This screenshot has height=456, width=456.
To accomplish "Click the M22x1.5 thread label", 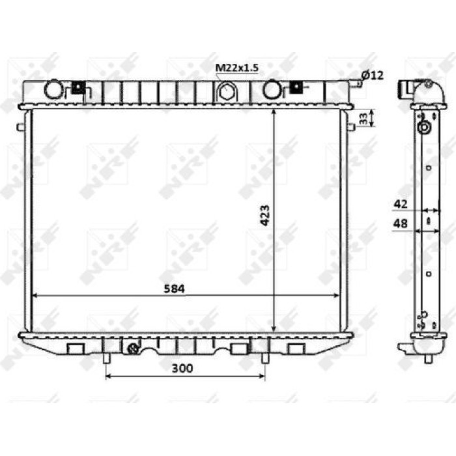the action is pos(236,68).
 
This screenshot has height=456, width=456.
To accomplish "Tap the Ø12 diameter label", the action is pos(373,76).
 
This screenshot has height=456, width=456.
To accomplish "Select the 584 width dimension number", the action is pos(174,289).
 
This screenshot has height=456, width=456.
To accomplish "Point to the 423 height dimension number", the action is pos(265,216).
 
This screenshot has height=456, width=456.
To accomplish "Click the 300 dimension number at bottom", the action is pos(182,368).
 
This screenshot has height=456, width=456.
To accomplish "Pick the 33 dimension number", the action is pos(363,119).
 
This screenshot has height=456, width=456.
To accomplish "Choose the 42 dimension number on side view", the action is pos(401,204).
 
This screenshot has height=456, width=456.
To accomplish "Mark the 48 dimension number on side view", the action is pos(401,223).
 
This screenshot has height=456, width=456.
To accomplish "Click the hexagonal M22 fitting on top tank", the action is pos(225,91).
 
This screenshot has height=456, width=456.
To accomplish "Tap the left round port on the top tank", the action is pos(53,89).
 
